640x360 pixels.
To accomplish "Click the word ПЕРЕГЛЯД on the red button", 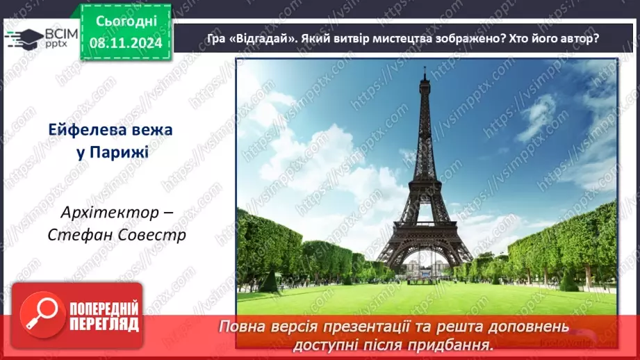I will tap(101, 324).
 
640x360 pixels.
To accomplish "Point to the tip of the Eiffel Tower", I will tap(424, 68).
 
